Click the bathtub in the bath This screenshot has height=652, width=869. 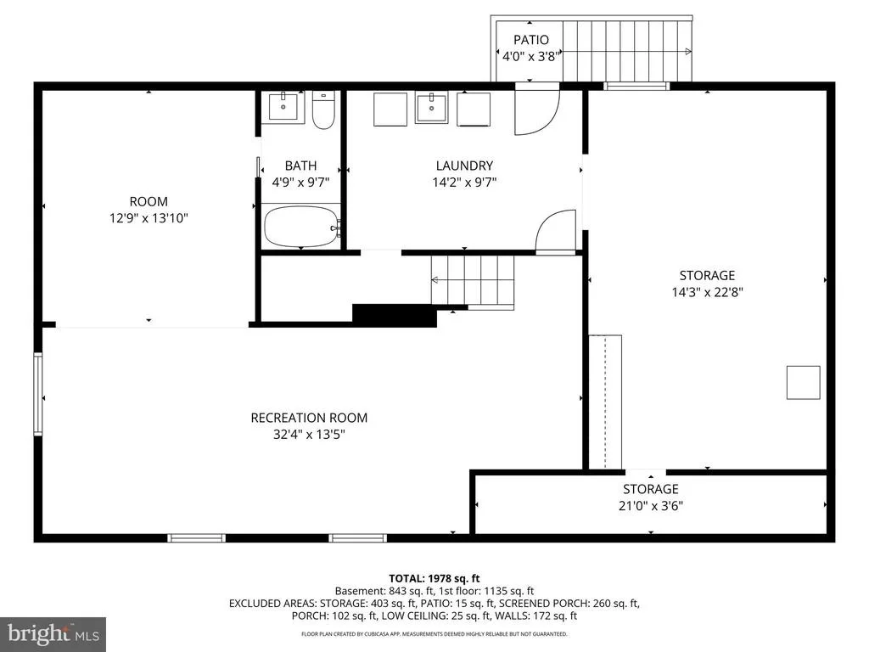301,227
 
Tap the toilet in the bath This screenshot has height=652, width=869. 323,110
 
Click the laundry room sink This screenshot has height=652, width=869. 431,108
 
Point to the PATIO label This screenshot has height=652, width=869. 531,40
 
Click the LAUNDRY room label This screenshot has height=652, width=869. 464,166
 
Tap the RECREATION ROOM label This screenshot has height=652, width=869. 309,418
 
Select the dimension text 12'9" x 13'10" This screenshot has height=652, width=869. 149,218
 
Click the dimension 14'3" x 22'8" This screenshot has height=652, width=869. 707,292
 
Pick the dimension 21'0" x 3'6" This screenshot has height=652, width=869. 651,506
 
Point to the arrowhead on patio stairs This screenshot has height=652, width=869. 688,52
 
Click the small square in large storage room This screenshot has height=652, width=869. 803,383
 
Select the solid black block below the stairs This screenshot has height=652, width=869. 395,315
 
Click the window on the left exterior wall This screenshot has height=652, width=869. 37,394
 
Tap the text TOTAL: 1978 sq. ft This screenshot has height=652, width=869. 434,579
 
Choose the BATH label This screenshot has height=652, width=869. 301,166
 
